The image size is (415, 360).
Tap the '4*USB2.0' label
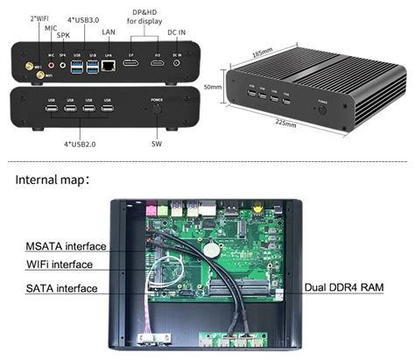tap(81, 143)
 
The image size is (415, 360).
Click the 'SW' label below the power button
tap(156, 143)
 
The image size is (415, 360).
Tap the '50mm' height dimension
tap(212, 88)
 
